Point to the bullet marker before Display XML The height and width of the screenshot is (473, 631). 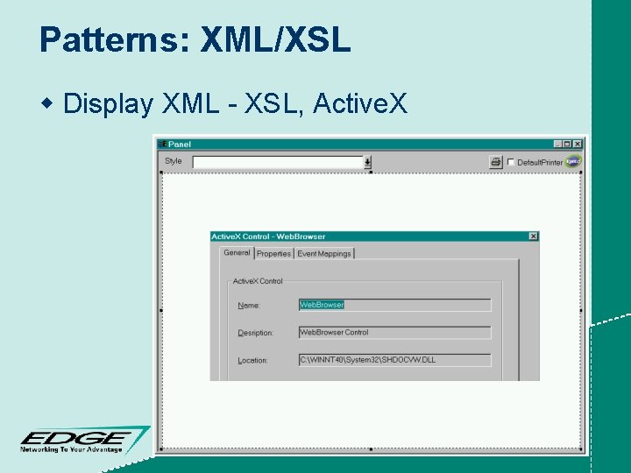48,103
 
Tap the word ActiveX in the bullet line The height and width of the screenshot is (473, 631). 360,104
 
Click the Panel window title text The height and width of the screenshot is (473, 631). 180,145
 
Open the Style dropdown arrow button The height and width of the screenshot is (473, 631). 367,162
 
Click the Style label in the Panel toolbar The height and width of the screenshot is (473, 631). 174,161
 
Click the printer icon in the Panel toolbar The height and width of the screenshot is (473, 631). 496,162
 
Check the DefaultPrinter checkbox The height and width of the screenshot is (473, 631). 511,162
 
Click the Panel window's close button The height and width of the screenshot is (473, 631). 577,145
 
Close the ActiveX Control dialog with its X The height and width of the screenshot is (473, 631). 533,236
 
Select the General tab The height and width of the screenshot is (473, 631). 237,253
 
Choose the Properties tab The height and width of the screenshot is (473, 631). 273,254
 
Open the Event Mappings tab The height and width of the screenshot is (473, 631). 323,254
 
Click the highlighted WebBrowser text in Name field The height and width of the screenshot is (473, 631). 322,305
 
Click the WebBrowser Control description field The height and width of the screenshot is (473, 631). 394,333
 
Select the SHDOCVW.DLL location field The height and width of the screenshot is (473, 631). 394,360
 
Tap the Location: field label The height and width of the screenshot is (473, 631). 253,360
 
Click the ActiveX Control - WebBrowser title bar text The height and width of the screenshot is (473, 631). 268,236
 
